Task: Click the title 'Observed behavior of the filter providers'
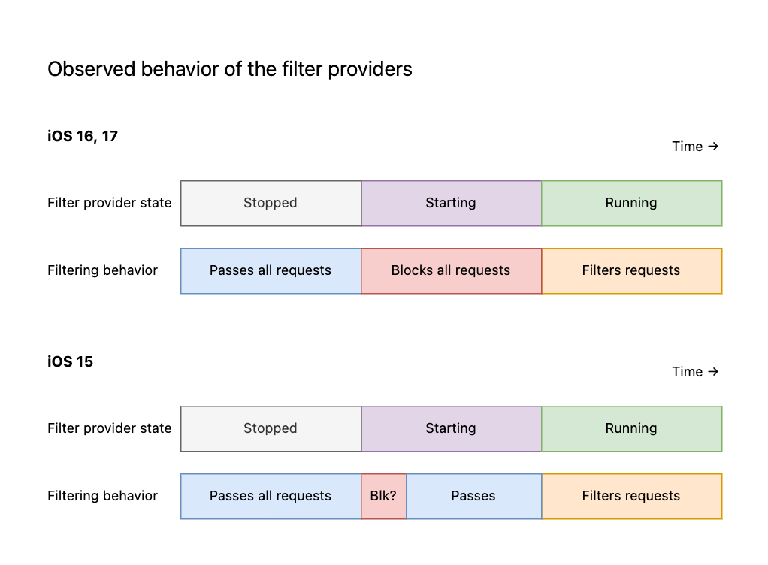pos(230,69)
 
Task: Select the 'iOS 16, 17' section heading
pos(83,136)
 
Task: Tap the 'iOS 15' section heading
pos(70,361)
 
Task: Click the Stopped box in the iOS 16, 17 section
pos(271,203)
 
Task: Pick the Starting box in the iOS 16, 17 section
pos(451,203)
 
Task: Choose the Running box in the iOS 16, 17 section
pos(632,203)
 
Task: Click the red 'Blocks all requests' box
pos(451,270)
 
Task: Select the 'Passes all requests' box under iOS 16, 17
pos(271,270)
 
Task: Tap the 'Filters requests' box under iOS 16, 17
pos(632,270)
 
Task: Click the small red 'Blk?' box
pos(383,496)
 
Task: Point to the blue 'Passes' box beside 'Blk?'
pos(473,496)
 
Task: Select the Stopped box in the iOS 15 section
pos(271,428)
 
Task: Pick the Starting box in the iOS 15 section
pos(451,428)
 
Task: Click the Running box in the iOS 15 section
pos(632,428)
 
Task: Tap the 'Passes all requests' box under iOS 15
pos(271,496)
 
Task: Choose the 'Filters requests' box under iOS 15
pos(632,496)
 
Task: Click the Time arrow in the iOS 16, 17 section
pos(713,146)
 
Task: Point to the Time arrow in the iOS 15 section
pos(713,371)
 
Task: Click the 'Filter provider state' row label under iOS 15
pos(110,428)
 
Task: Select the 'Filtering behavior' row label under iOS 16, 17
pos(102,270)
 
